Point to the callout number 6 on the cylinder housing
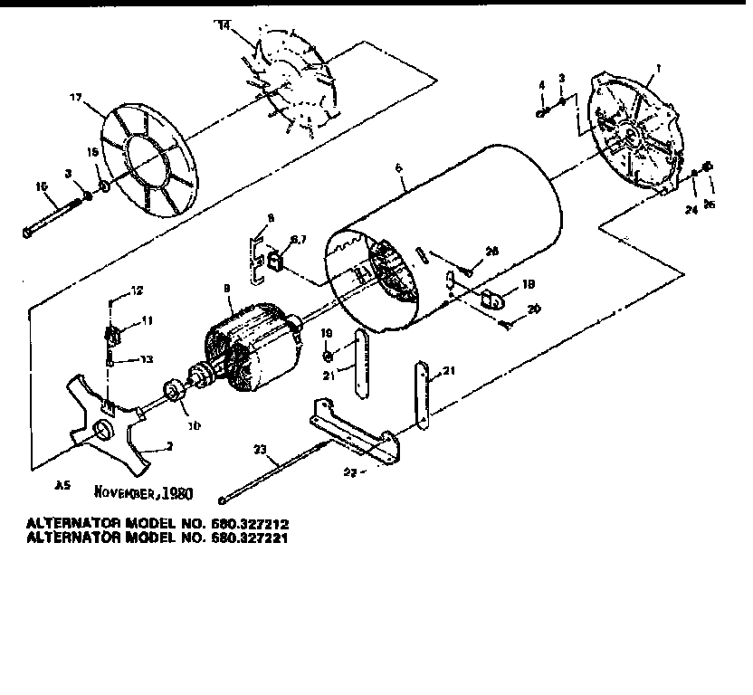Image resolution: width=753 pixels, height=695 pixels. point(397,168)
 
